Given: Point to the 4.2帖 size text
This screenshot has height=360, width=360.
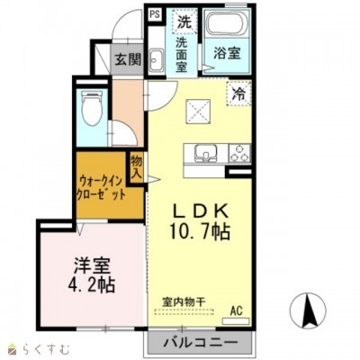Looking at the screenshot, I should (x=91, y=287).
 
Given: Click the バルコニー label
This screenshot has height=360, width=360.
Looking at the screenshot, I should (x=201, y=343).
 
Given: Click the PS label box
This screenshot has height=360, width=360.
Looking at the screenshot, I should (x=154, y=14).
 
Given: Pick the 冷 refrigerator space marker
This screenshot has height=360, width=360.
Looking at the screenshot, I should (x=238, y=93).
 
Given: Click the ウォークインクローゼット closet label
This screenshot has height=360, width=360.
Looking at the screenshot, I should (x=101, y=187).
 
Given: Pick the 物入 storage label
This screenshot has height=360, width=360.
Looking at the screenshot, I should (x=138, y=167).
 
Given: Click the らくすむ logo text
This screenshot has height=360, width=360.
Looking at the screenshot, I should (x=35, y=347).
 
